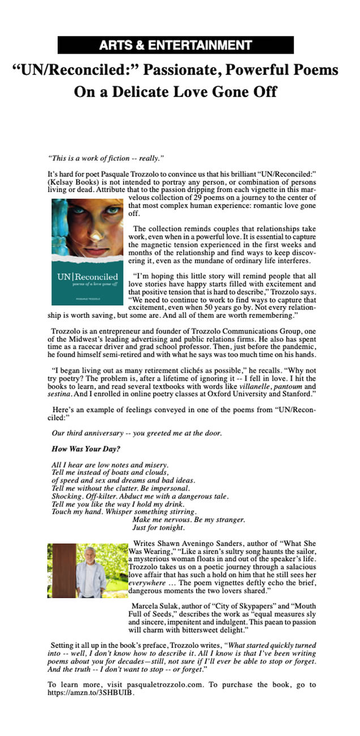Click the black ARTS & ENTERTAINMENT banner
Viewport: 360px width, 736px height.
[x=175, y=45]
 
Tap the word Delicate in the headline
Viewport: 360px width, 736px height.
[x=161, y=91]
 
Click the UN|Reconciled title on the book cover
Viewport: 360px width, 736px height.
[x=87, y=277]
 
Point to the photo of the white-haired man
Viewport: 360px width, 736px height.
[x=88, y=571]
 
